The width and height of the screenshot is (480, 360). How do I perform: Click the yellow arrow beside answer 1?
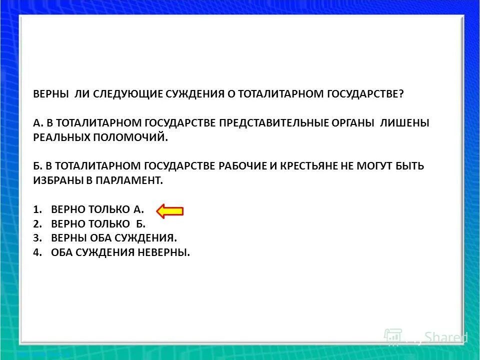[x=170, y=211]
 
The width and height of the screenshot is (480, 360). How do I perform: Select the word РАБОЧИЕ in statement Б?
[x=242, y=166]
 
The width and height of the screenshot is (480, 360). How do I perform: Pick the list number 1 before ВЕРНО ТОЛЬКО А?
[x=36, y=209]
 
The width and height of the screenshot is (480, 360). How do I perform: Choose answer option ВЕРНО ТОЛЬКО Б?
[x=98, y=224]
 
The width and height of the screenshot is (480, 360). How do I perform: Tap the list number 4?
[x=36, y=252]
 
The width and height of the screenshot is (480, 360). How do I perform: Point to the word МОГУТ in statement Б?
[x=375, y=166]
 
